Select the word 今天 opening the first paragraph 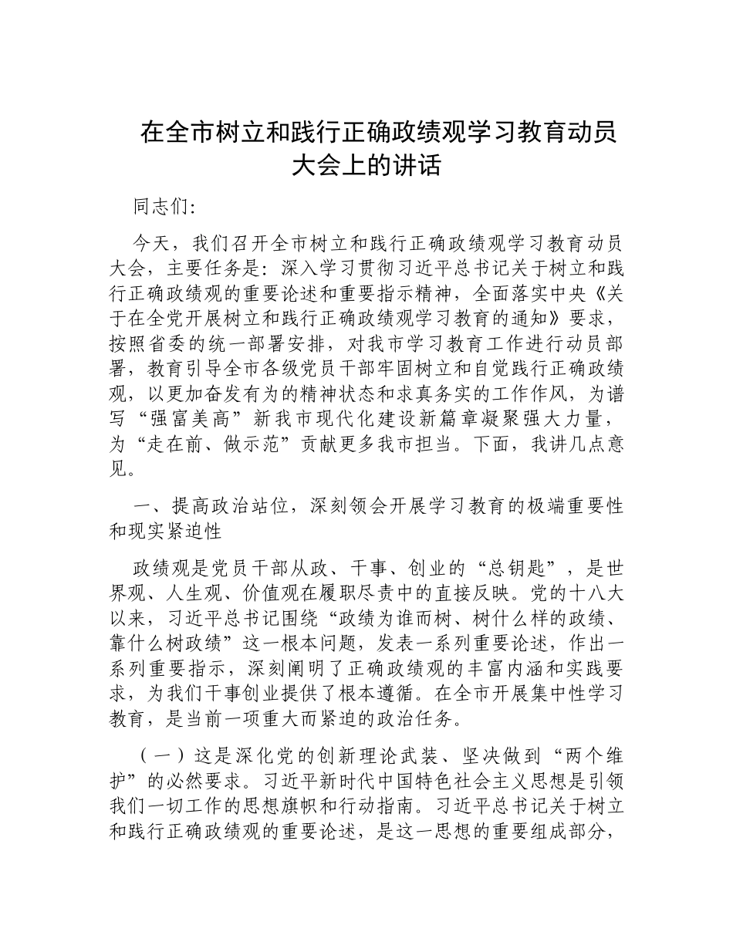[x=150, y=244]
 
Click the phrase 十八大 [x=598, y=594]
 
